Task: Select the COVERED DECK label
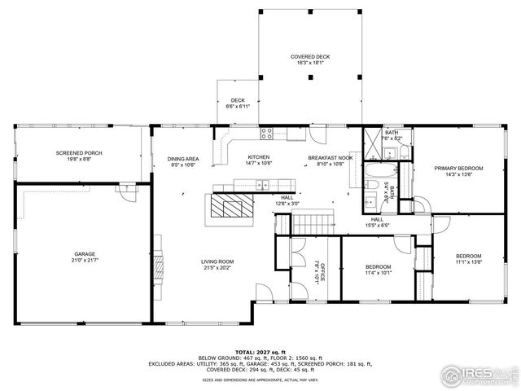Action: point(310,56)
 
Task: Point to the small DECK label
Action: point(237,100)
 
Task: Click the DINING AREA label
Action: point(183,158)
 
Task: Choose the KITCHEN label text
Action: point(259,157)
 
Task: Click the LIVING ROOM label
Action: point(219,261)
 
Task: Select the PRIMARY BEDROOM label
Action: point(453,168)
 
